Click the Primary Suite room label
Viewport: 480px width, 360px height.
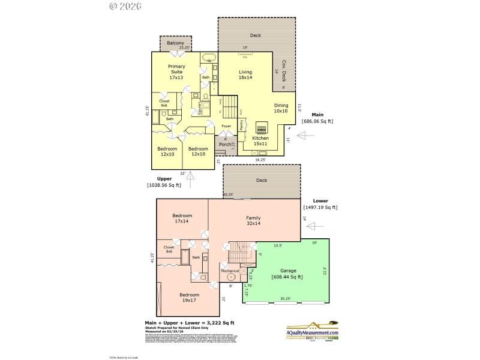click(176, 72)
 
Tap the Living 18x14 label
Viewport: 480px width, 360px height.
click(245, 75)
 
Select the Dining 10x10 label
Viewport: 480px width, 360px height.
click(280, 109)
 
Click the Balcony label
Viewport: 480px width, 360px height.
click(175, 43)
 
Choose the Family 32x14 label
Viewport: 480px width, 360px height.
click(253, 221)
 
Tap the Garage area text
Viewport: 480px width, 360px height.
click(287, 274)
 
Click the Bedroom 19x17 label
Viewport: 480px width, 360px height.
click(190, 298)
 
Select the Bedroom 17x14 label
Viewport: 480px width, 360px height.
click(182, 219)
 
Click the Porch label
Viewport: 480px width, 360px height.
click(225, 145)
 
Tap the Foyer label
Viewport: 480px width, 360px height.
click(226, 126)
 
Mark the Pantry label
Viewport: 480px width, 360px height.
click(241, 124)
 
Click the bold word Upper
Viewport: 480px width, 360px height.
click(164, 179)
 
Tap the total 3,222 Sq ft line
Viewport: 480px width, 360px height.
click(189, 323)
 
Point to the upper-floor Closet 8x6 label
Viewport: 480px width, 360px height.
click(164, 103)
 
